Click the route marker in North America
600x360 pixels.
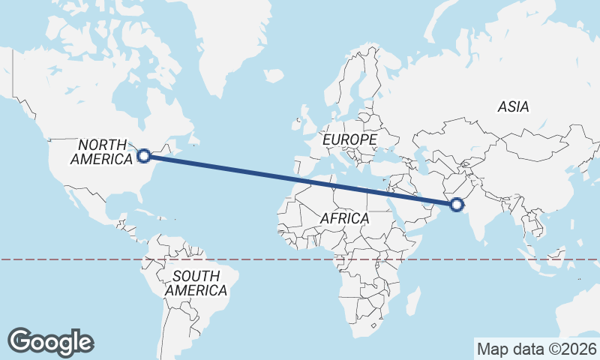click(144, 156)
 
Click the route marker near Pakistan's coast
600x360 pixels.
click(457, 204)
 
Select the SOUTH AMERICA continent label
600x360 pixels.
click(196, 283)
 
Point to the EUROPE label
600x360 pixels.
click(349, 140)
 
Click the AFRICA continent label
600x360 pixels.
click(345, 218)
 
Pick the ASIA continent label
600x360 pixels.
click(513, 107)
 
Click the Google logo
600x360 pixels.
click(50, 342)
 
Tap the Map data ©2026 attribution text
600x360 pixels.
click(536, 349)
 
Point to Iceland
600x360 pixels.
click(274, 76)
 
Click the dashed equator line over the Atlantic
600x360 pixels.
click(262, 259)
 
